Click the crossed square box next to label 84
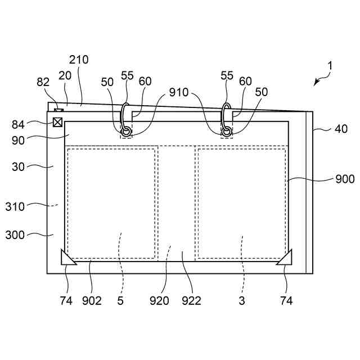[x=57, y=123]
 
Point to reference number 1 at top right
[x=330, y=66]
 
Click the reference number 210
[x=79, y=60]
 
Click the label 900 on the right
[x=344, y=179]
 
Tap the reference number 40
[x=341, y=128]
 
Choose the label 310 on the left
[x=31, y=206]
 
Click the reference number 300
[x=30, y=235]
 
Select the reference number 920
[x=160, y=301]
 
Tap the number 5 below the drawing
[x=120, y=301]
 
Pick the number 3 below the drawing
[x=241, y=301]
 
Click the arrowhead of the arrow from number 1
[x=316, y=83]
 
